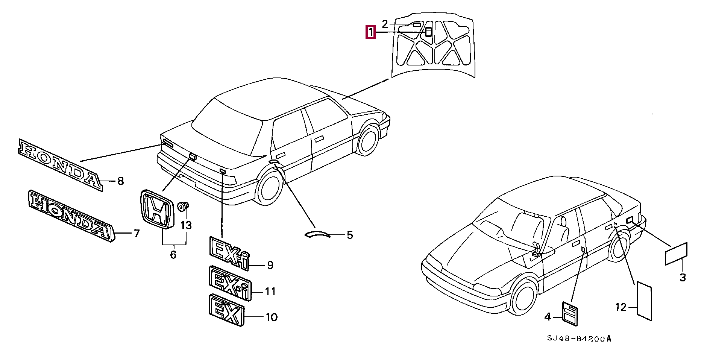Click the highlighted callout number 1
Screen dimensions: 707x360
(x=371, y=32)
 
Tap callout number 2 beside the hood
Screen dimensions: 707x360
(x=385, y=24)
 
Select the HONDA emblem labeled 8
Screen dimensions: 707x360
(x=60, y=165)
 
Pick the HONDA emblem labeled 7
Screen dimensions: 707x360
(x=71, y=216)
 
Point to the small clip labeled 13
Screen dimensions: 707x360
(x=183, y=206)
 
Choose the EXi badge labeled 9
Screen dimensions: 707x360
(x=229, y=253)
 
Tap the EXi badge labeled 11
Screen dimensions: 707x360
(x=230, y=283)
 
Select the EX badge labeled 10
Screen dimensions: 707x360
(x=226, y=310)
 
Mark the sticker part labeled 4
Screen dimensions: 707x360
(x=570, y=313)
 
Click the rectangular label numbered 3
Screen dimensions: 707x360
(x=676, y=254)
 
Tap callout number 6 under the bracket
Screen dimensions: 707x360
(x=173, y=255)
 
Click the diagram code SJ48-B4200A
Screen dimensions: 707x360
(x=579, y=339)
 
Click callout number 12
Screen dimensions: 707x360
(x=621, y=307)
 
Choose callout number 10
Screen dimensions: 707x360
(x=272, y=317)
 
